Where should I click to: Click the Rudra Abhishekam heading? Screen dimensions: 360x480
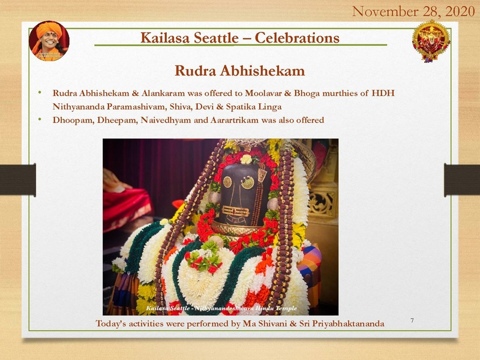(239, 71)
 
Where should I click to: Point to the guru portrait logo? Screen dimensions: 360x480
(49, 41)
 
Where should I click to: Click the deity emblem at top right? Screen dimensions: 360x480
(431, 41)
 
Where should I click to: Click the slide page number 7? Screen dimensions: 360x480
(412, 321)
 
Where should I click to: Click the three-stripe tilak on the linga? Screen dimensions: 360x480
(236, 211)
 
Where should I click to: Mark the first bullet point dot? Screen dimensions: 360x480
(40, 94)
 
